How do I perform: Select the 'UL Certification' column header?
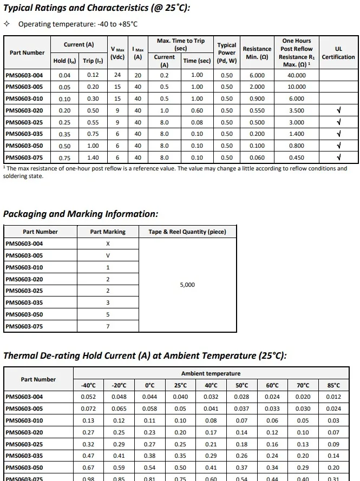(x=338, y=52)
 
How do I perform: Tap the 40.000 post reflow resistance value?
(x=296, y=76)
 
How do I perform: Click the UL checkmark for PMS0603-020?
(x=338, y=111)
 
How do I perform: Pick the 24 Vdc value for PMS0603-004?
(x=117, y=76)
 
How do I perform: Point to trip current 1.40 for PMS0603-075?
(x=93, y=158)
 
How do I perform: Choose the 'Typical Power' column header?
(x=227, y=52)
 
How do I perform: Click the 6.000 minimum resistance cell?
(x=257, y=76)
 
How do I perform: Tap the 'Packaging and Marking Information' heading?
(x=81, y=214)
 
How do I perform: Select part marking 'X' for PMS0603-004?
(x=108, y=244)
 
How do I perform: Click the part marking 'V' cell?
(x=108, y=256)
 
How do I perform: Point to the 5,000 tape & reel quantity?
(x=187, y=285)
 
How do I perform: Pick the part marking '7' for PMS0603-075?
(x=108, y=327)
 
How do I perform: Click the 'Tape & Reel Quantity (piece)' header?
(x=187, y=232)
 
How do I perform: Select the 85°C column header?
(x=334, y=385)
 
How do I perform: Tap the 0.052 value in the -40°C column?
(x=88, y=397)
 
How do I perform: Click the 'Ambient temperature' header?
(x=211, y=374)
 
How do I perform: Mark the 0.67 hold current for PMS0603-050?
(x=88, y=468)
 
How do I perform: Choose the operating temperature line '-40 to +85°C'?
(x=77, y=24)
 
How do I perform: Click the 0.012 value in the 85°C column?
(x=334, y=397)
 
